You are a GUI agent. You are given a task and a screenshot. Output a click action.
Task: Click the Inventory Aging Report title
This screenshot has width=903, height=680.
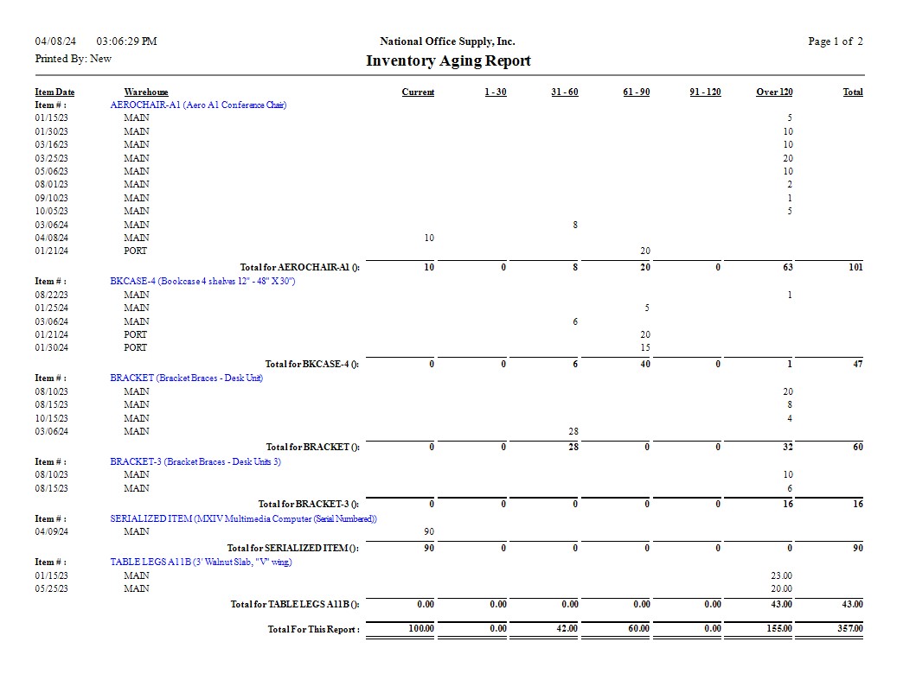[448, 61]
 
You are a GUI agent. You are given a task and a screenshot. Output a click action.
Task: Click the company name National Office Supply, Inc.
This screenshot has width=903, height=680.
[447, 41]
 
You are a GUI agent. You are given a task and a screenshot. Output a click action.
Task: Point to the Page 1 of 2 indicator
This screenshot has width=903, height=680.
[835, 41]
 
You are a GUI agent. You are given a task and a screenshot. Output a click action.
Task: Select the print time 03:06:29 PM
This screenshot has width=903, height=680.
[126, 41]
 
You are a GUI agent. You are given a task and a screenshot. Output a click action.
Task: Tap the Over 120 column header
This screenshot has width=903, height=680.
[774, 92]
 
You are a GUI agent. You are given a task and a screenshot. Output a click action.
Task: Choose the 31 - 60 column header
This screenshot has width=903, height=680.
[564, 92]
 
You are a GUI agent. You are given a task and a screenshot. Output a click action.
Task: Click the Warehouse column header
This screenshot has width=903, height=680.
[146, 92]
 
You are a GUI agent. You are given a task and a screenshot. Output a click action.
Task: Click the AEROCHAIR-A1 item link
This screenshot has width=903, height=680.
[198, 105]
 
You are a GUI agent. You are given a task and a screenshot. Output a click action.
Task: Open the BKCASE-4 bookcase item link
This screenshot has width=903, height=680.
[202, 282]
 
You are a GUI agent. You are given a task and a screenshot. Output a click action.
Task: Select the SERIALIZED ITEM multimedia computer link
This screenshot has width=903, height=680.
[243, 519]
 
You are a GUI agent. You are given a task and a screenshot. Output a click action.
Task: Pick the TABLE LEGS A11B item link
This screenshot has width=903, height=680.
[201, 562]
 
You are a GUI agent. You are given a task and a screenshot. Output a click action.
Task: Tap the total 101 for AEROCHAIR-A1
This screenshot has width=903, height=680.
[855, 268]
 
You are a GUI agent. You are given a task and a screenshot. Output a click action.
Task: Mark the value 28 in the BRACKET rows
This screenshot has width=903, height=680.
[573, 431]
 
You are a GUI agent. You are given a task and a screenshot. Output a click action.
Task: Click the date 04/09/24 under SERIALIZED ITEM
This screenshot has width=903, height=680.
[51, 532]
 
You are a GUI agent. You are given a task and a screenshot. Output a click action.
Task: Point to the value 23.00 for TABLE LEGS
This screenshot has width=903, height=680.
[781, 575]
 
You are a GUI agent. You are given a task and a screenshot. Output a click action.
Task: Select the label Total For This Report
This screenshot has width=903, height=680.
[313, 630]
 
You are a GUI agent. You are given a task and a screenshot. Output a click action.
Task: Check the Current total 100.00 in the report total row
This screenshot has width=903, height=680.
[420, 629]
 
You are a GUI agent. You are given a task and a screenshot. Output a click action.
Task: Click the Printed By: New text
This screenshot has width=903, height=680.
[73, 59]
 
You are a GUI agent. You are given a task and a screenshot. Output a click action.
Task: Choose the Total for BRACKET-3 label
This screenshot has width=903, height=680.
[309, 505]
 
